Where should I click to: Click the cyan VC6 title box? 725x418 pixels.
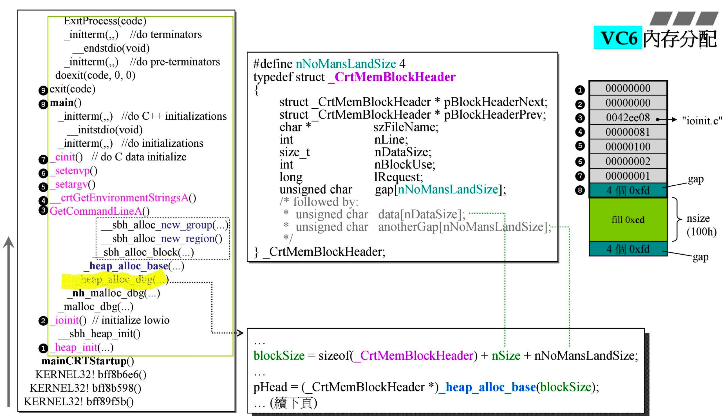tap(617, 38)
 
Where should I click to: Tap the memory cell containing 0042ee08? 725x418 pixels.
tap(628, 118)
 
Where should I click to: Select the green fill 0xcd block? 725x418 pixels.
tap(628, 220)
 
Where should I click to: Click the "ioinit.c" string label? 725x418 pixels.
tap(702, 121)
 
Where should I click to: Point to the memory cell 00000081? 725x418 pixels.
tap(628, 132)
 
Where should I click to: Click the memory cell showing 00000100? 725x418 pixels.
tap(628, 147)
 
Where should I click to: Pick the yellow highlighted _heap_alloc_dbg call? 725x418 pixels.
tap(115, 280)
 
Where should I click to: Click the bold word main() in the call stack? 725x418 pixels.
tap(65, 102)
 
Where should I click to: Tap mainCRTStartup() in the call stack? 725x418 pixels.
tap(87, 361)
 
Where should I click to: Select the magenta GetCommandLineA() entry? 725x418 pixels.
tap(99, 211)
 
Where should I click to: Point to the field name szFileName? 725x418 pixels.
tap(406, 127)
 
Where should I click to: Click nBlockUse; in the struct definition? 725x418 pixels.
tap(405, 164)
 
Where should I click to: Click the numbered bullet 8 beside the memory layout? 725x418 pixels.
tap(580, 190)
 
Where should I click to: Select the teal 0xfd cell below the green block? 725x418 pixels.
tap(628, 249)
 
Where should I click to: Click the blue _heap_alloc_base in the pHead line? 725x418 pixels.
tap(487, 387)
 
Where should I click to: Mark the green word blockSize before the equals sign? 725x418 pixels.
tap(279, 356)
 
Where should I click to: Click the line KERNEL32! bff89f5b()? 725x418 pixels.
tap(78, 402)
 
